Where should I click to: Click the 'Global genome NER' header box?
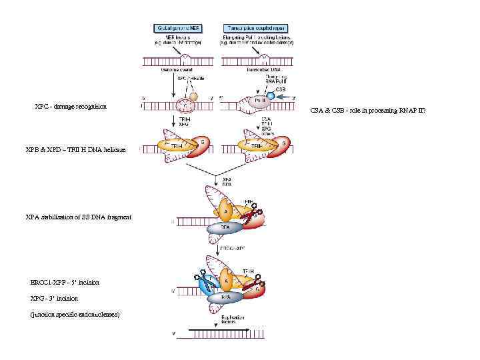click(x=179, y=28)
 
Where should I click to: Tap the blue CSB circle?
click(x=271, y=97)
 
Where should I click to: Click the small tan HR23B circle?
click(x=194, y=96)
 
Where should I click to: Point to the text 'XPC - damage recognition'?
click(x=71, y=107)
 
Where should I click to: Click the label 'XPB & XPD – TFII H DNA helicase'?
click(x=75, y=149)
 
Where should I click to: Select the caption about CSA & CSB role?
click(x=377, y=110)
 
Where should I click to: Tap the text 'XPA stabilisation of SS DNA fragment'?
click(x=78, y=217)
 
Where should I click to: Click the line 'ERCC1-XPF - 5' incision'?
click(x=65, y=283)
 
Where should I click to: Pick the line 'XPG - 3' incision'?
click(x=54, y=298)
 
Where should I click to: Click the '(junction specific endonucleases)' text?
click(x=75, y=314)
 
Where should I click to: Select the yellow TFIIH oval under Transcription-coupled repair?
click(x=257, y=146)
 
